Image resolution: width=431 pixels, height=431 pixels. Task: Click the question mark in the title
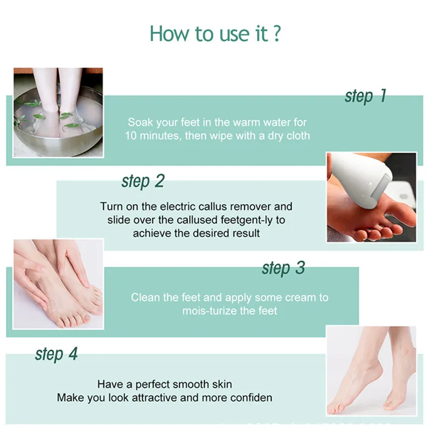click(x=277, y=33)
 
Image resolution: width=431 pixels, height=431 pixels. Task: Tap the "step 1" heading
click(x=366, y=96)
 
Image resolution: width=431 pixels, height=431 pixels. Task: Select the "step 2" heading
click(x=143, y=181)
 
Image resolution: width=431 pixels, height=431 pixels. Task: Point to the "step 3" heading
click(x=283, y=268)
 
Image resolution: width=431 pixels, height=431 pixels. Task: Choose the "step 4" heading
click(x=57, y=354)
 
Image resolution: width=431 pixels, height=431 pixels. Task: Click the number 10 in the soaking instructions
click(x=131, y=136)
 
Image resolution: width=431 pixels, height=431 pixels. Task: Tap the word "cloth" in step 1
click(x=298, y=136)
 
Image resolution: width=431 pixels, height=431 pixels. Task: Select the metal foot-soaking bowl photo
click(x=58, y=113)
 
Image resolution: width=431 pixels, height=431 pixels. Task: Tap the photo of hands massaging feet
click(x=58, y=284)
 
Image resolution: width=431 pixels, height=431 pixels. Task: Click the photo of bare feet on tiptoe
click(x=371, y=371)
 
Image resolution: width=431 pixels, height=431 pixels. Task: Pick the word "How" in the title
click(x=170, y=33)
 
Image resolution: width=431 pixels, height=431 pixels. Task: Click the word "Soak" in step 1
click(x=141, y=122)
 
